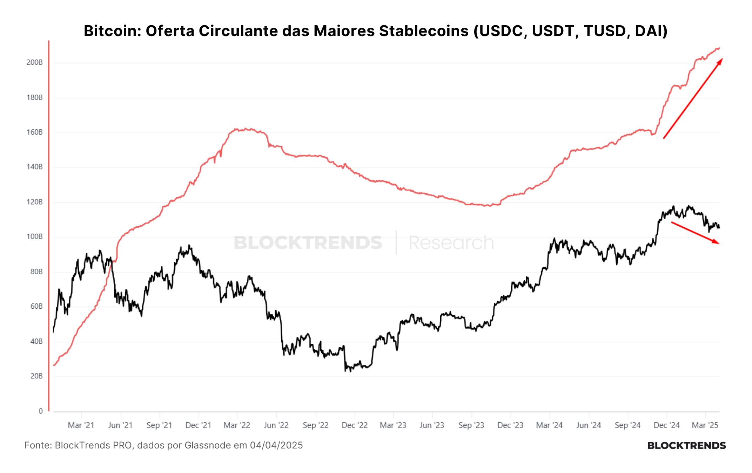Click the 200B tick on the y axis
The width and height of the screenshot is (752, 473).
point(34,62)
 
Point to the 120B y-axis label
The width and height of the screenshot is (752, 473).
point(34,202)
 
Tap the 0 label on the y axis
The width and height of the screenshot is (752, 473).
point(41,411)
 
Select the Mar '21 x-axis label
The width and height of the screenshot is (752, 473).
point(81,425)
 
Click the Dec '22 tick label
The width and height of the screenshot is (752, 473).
point(355,425)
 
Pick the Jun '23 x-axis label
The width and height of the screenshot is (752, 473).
point(432,425)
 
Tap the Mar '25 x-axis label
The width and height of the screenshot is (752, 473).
point(705,425)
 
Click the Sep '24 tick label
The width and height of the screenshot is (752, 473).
point(627,425)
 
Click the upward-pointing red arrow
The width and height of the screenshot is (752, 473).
point(693,98)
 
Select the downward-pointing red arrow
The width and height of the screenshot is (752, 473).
point(695,233)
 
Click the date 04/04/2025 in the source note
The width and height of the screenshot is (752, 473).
point(276,445)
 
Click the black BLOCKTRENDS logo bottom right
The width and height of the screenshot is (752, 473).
point(686,446)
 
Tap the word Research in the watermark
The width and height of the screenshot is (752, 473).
point(451,242)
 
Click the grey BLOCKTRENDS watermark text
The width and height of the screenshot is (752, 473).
point(308,242)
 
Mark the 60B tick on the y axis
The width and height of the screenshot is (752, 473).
point(36,306)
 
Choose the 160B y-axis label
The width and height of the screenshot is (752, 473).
point(34,132)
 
